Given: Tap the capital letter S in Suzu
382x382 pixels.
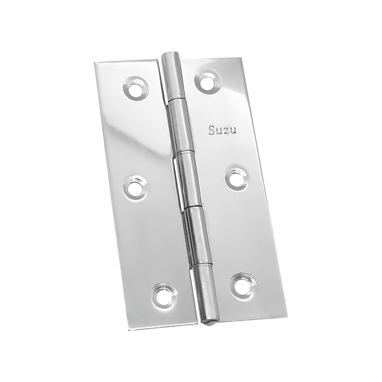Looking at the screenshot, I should (212, 131).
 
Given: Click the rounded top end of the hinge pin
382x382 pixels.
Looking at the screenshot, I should (171, 58).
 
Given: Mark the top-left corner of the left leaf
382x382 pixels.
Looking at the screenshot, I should (95, 62).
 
